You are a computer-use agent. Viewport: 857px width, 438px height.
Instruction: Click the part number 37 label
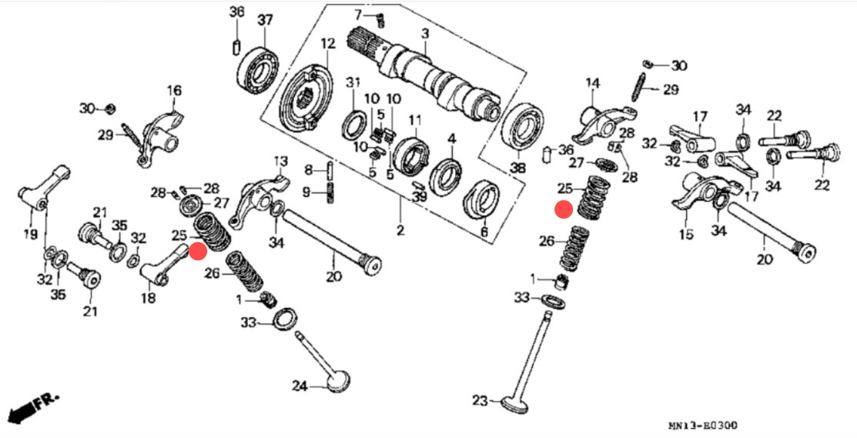[x=265, y=19]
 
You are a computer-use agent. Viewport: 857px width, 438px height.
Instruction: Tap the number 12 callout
[x=329, y=43]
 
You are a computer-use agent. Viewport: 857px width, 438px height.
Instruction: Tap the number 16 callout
[x=175, y=91]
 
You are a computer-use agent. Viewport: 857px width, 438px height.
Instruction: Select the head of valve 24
[x=336, y=382]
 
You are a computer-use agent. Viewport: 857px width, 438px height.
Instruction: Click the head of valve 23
[x=513, y=403]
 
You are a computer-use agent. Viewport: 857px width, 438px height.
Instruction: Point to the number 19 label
[x=29, y=233]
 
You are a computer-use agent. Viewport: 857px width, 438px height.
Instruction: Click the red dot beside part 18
[x=198, y=252]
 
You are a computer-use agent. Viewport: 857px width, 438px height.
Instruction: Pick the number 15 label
[x=685, y=232]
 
